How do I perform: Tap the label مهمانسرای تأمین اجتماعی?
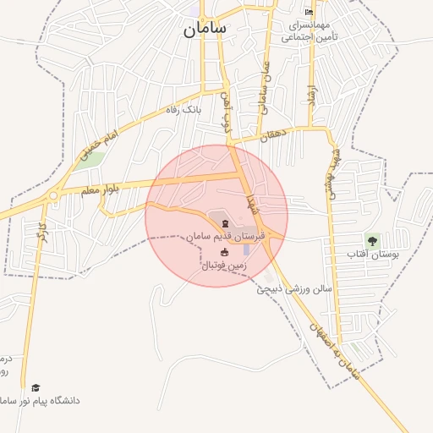coord(310,31)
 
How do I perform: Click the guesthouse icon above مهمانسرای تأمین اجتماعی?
coord(309,12)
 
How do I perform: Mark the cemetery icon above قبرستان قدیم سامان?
coord(224,223)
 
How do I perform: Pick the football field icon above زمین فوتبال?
coord(224,252)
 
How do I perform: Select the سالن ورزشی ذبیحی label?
coord(296,288)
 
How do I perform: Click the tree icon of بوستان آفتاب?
coord(371,240)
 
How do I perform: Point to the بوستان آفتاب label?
coord(371,254)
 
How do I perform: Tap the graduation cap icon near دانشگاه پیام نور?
coord(36,387)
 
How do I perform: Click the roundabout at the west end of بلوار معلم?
coord(53,195)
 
